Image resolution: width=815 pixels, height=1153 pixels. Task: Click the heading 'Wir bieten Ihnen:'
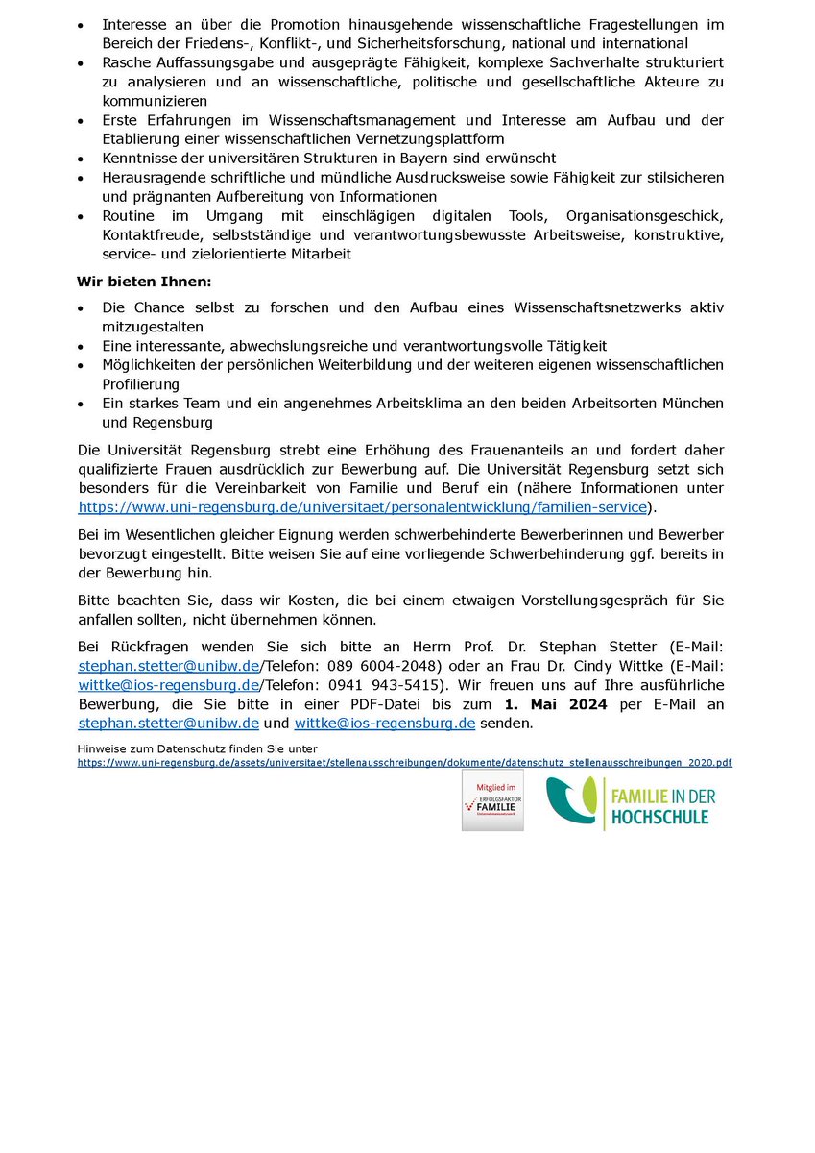pos(144,282)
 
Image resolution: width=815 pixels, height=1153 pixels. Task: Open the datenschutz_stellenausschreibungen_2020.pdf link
pos(404,761)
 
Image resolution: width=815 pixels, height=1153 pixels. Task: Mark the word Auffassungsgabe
pos(206,61)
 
